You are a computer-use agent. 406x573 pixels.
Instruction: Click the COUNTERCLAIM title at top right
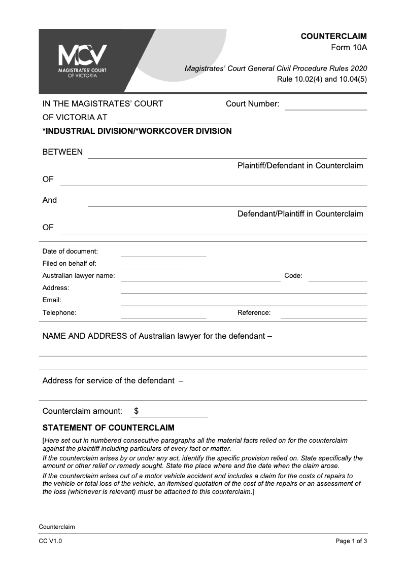333,37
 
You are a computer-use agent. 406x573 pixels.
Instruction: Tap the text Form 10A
349,48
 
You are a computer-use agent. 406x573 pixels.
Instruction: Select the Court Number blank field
326,105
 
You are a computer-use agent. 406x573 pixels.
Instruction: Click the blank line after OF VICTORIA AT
173,119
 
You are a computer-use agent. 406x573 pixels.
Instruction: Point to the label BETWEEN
62,152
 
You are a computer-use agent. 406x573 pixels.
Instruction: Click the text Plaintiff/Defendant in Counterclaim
300,166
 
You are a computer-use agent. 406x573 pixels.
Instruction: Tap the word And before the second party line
50,200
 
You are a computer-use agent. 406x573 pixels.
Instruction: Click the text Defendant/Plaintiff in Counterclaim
300,213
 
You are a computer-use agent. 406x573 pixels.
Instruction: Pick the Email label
52,300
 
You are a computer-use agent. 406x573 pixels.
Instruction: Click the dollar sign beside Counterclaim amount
137,411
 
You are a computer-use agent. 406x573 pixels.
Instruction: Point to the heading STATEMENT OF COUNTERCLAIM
108,427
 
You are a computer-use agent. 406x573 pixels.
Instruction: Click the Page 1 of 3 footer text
351,541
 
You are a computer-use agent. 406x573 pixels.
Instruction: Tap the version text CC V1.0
50,541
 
